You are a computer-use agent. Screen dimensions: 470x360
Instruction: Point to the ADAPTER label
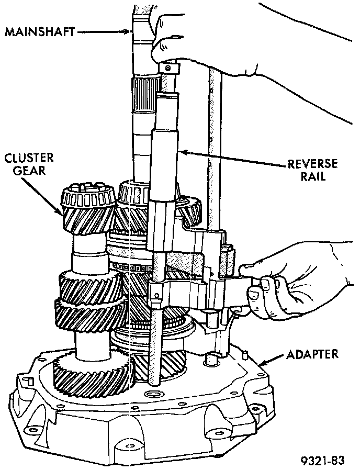pos(312,354)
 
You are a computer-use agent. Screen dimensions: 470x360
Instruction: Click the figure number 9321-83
pos(323,461)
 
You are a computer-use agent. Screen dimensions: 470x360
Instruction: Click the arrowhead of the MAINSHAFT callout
pos(131,32)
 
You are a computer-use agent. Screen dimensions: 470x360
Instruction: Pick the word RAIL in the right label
pos(314,177)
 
